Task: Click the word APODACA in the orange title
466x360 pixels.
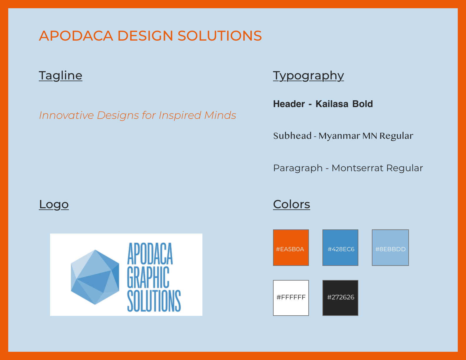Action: pos(76,36)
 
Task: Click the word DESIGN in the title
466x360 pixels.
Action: pos(145,36)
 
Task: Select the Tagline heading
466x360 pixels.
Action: pos(61,76)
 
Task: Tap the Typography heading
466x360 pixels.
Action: pos(308,76)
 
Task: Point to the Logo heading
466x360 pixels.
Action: pos(54,204)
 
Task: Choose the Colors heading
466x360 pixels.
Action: pos(292,204)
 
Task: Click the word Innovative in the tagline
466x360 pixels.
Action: pos(66,115)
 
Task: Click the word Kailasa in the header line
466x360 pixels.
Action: pos(332,104)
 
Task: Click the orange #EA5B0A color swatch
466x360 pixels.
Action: pos(291,248)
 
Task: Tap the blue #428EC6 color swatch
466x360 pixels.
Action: pos(340,248)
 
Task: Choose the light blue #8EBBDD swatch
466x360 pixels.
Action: pos(390,248)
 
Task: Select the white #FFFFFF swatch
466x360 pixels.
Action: pos(291,298)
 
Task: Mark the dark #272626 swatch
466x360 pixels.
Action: pos(340,298)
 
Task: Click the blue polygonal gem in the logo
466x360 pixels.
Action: pos(95,277)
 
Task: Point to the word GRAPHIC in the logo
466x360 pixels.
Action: pos(148,277)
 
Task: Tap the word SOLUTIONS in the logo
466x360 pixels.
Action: pos(154,301)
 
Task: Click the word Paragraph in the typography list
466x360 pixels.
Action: pos(298,168)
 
